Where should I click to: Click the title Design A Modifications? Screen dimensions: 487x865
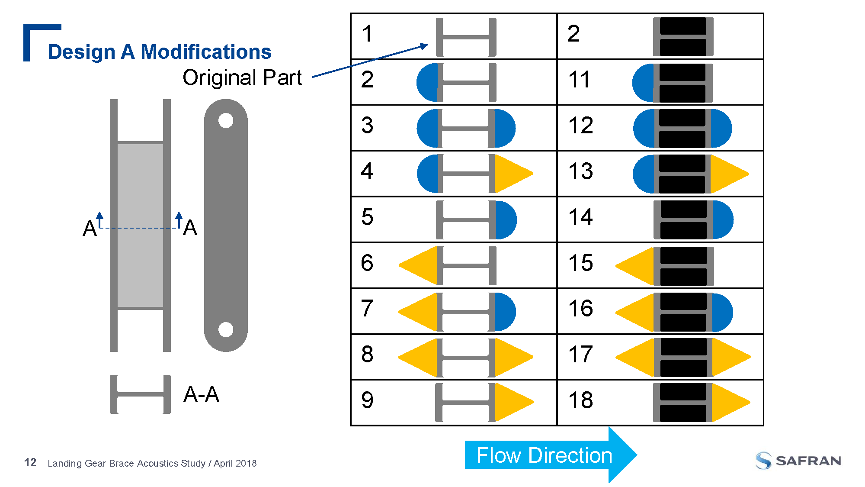click(x=159, y=52)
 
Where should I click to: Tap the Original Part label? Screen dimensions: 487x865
click(x=242, y=78)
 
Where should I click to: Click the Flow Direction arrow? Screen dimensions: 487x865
click(x=549, y=455)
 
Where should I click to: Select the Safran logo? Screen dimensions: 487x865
click(x=798, y=461)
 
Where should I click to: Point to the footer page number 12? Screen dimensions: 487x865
click(x=30, y=463)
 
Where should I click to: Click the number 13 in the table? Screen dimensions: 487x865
click(x=580, y=171)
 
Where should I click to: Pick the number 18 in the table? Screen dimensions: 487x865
click(x=580, y=400)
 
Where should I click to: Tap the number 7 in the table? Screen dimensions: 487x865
click(x=367, y=309)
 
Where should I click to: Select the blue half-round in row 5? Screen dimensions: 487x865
click(x=506, y=220)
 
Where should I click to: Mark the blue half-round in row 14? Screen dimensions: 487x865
click(x=722, y=220)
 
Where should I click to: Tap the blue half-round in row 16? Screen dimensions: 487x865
click(x=722, y=313)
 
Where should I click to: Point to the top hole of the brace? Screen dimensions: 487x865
click(x=226, y=120)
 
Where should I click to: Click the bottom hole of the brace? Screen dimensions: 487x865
click(x=226, y=329)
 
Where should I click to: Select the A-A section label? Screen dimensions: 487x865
click(x=201, y=394)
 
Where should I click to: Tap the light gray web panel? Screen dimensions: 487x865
click(x=140, y=225)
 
